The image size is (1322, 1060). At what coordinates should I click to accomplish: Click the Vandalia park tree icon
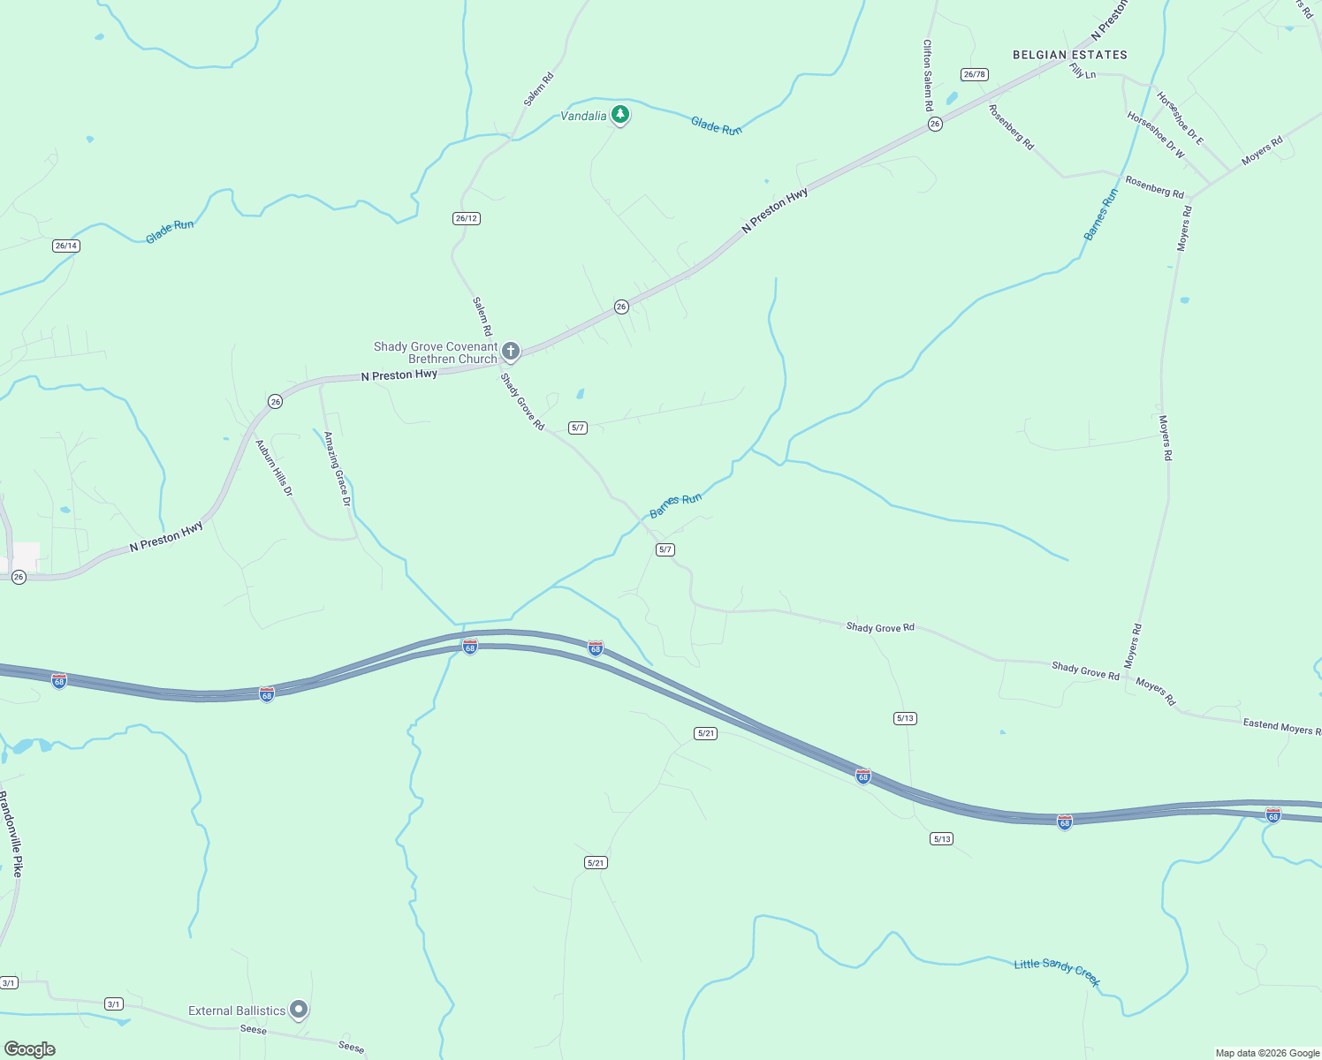[620, 114]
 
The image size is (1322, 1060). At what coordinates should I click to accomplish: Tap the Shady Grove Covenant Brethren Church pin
[510, 352]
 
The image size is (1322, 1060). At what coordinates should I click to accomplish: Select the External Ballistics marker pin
[299, 1009]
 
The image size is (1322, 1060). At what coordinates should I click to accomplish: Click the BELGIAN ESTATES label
[1069, 55]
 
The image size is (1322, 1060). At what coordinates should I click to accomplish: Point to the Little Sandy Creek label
[1057, 971]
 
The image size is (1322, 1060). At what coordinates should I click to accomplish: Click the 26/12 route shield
[466, 218]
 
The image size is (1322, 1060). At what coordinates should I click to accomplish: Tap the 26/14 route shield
[66, 246]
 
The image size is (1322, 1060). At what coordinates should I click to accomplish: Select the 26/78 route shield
[974, 74]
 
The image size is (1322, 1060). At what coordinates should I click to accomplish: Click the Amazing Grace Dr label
[337, 468]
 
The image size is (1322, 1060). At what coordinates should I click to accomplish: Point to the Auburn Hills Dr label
[274, 467]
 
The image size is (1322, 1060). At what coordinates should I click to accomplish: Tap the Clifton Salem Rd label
[928, 75]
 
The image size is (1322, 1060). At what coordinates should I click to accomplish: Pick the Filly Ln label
[1083, 72]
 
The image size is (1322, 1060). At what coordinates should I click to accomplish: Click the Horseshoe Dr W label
[1156, 134]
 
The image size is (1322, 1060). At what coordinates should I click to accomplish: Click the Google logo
[30, 1049]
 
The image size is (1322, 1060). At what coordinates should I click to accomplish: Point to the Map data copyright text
[1267, 1053]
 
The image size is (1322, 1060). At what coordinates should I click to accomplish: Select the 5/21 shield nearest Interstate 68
[705, 733]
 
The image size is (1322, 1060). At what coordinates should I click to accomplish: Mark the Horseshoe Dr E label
[1180, 118]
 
